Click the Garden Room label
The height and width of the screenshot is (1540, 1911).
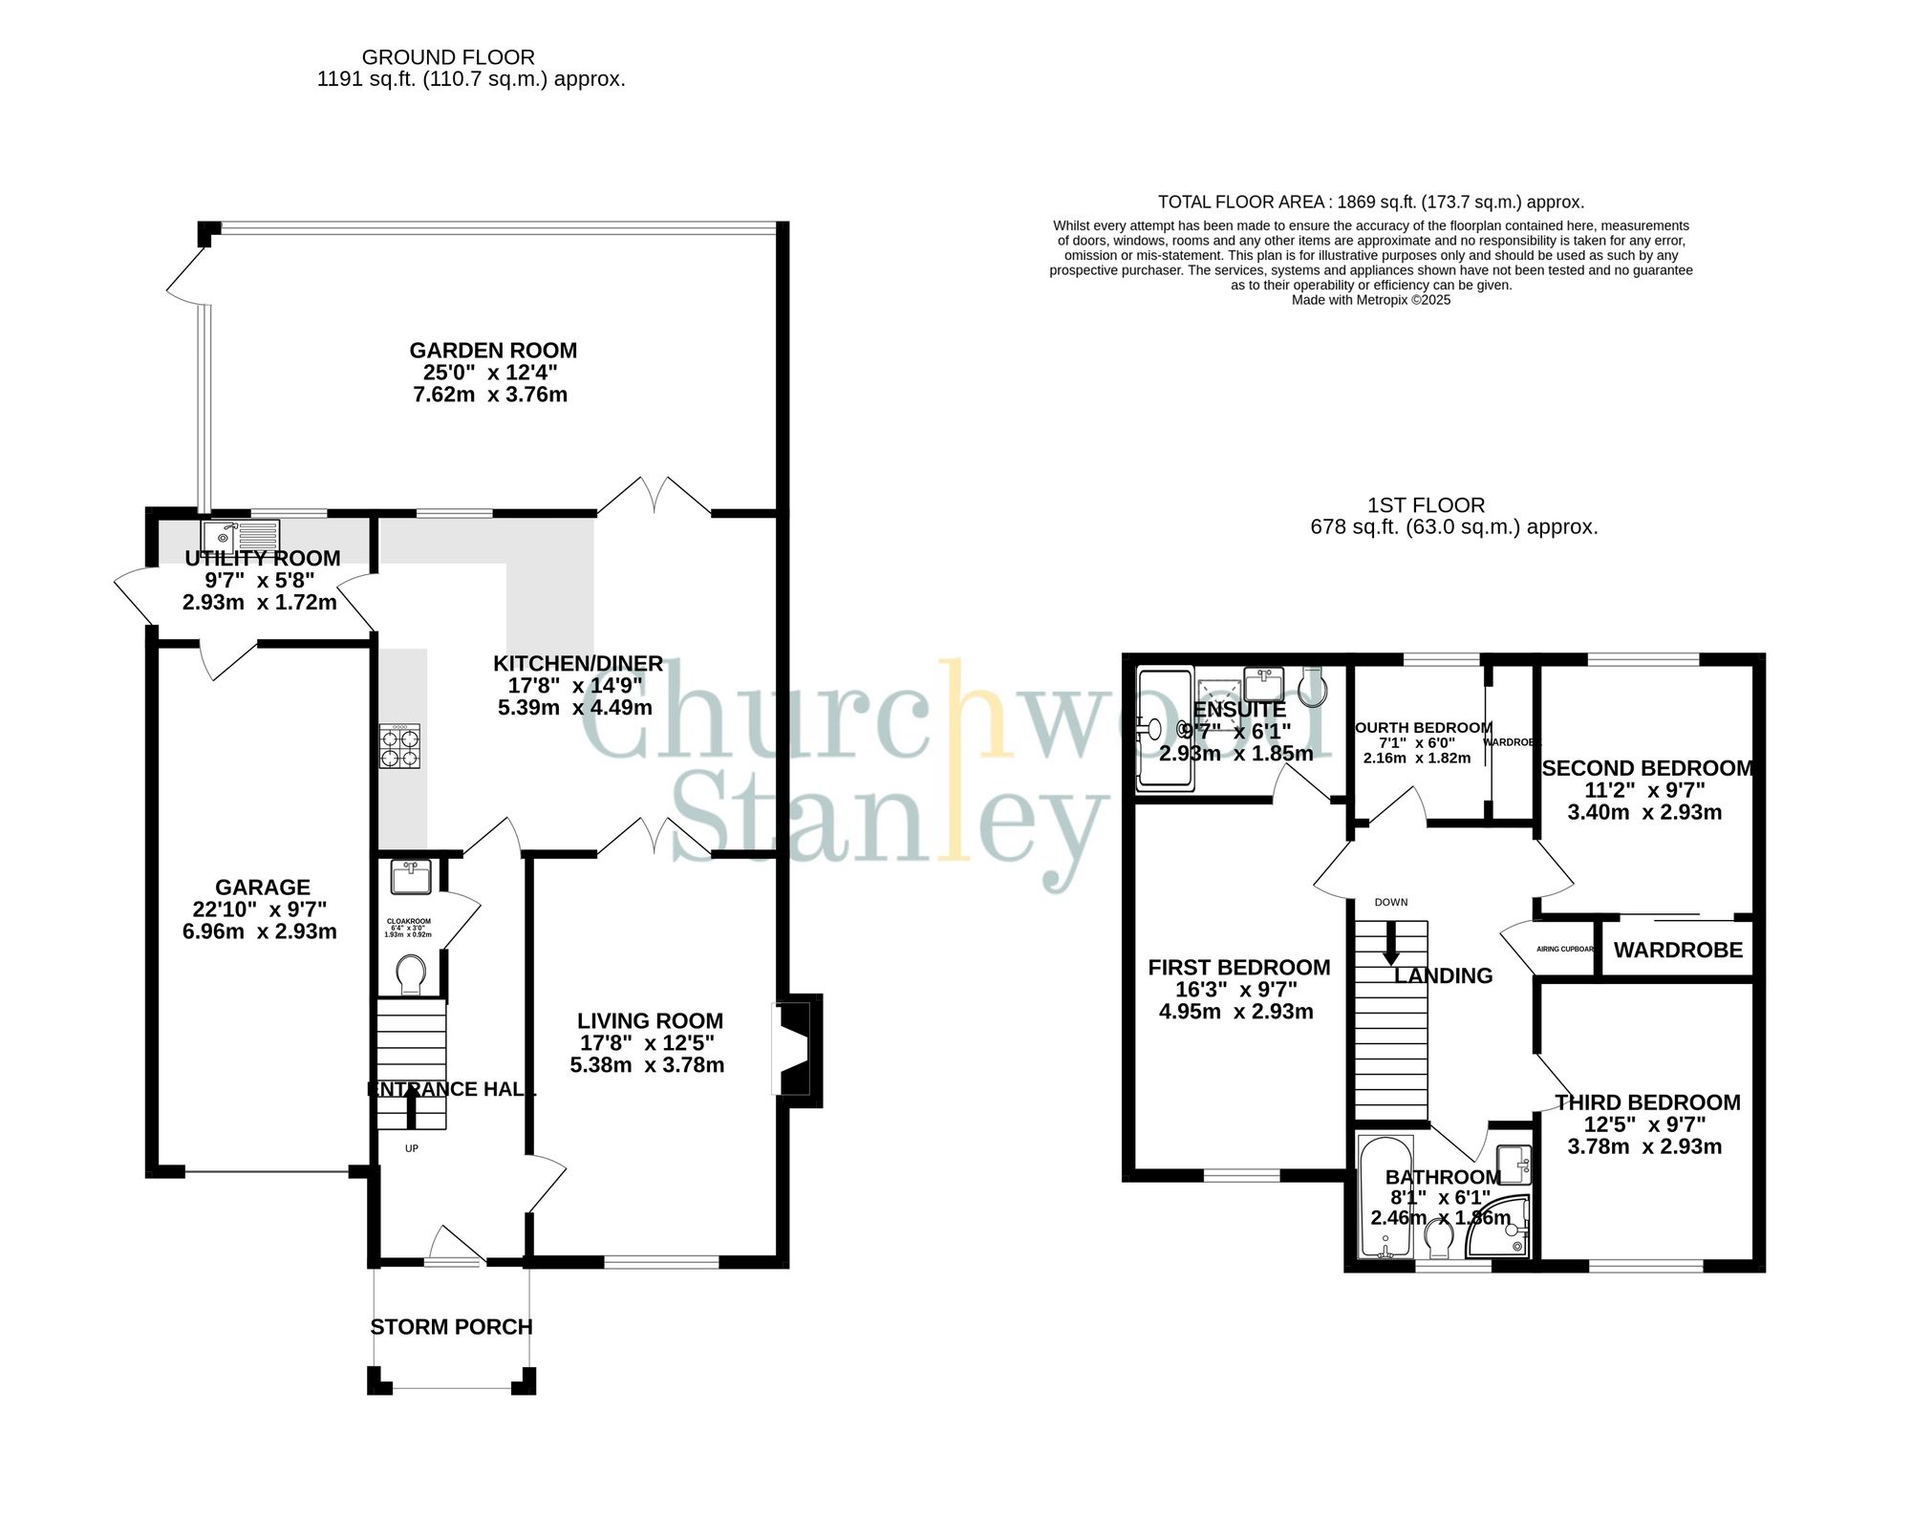(493, 351)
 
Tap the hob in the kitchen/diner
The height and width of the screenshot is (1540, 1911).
(400, 746)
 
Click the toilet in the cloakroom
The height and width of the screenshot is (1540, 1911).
(412, 973)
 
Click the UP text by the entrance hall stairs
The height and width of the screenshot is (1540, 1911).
(412, 1148)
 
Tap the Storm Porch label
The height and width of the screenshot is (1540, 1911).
(451, 1327)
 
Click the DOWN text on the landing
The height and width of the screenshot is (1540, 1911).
(1391, 902)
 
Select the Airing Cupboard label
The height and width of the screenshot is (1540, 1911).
(1565, 949)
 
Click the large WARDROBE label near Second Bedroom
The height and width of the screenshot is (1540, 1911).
(1678, 950)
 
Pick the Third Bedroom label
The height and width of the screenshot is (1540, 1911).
(1647, 1102)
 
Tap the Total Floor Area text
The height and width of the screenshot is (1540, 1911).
(1371, 202)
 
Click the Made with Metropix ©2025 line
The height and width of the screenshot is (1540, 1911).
(1371, 300)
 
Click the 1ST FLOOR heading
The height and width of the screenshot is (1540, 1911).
(1426, 505)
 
